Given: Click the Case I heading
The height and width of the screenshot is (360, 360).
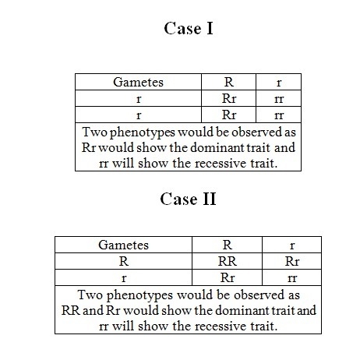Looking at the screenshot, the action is [189, 28].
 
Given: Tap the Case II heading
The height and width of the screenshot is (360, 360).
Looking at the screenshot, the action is [188, 199].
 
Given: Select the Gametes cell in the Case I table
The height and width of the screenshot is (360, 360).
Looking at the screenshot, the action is [138, 83].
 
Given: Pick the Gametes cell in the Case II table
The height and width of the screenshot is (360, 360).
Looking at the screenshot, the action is [123, 245].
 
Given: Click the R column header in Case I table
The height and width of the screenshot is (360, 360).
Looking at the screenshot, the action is [228, 82].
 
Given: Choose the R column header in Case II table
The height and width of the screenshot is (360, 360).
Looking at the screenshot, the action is [228, 245].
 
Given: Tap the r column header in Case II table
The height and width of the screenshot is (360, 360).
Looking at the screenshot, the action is [292, 245].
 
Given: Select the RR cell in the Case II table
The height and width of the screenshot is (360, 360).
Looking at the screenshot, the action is [228, 261].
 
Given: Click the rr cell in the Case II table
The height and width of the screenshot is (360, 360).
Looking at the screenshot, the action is [292, 278].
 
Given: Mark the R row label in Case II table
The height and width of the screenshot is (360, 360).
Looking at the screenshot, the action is [124, 261].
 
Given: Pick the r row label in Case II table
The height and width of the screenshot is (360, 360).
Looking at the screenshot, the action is [124, 278].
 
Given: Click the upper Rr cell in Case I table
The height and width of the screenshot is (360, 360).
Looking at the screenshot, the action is [229, 99].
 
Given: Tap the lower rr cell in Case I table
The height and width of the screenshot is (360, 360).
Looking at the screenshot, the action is [279, 115].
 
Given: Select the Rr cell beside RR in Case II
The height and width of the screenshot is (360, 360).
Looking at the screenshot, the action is [292, 261].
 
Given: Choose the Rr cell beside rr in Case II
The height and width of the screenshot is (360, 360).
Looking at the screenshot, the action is [228, 277].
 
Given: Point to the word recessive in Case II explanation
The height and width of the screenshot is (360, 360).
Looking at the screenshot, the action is [220, 326].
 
